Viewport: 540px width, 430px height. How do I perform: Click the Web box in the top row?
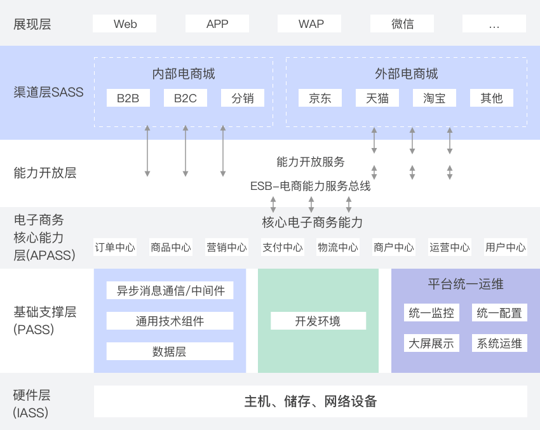(125, 24)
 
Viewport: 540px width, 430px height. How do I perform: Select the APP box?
(217, 24)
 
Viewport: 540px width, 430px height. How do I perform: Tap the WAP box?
(309, 24)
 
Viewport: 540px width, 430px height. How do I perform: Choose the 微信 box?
(402, 24)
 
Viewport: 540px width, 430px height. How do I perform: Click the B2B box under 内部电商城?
(128, 98)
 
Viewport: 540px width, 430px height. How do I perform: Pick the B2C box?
(186, 98)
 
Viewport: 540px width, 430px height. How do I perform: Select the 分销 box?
(243, 98)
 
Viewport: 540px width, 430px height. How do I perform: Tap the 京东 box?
(320, 98)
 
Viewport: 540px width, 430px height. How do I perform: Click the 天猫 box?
(377, 98)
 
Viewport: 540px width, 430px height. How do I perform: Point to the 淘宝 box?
(435, 98)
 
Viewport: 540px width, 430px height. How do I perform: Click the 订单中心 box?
(115, 247)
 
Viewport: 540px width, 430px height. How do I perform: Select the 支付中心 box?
(283, 247)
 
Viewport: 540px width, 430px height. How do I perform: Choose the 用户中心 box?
(506, 247)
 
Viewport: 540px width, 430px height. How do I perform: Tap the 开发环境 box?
(318, 321)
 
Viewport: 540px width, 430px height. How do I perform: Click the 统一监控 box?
(431, 312)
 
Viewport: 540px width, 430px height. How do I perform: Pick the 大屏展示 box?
(431, 343)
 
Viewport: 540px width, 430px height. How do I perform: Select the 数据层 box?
(170, 351)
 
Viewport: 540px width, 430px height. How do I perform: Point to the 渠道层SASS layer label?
(48, 92)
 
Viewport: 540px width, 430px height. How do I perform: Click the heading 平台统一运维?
(466, 284)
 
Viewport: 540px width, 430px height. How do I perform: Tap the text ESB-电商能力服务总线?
(310, 186)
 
